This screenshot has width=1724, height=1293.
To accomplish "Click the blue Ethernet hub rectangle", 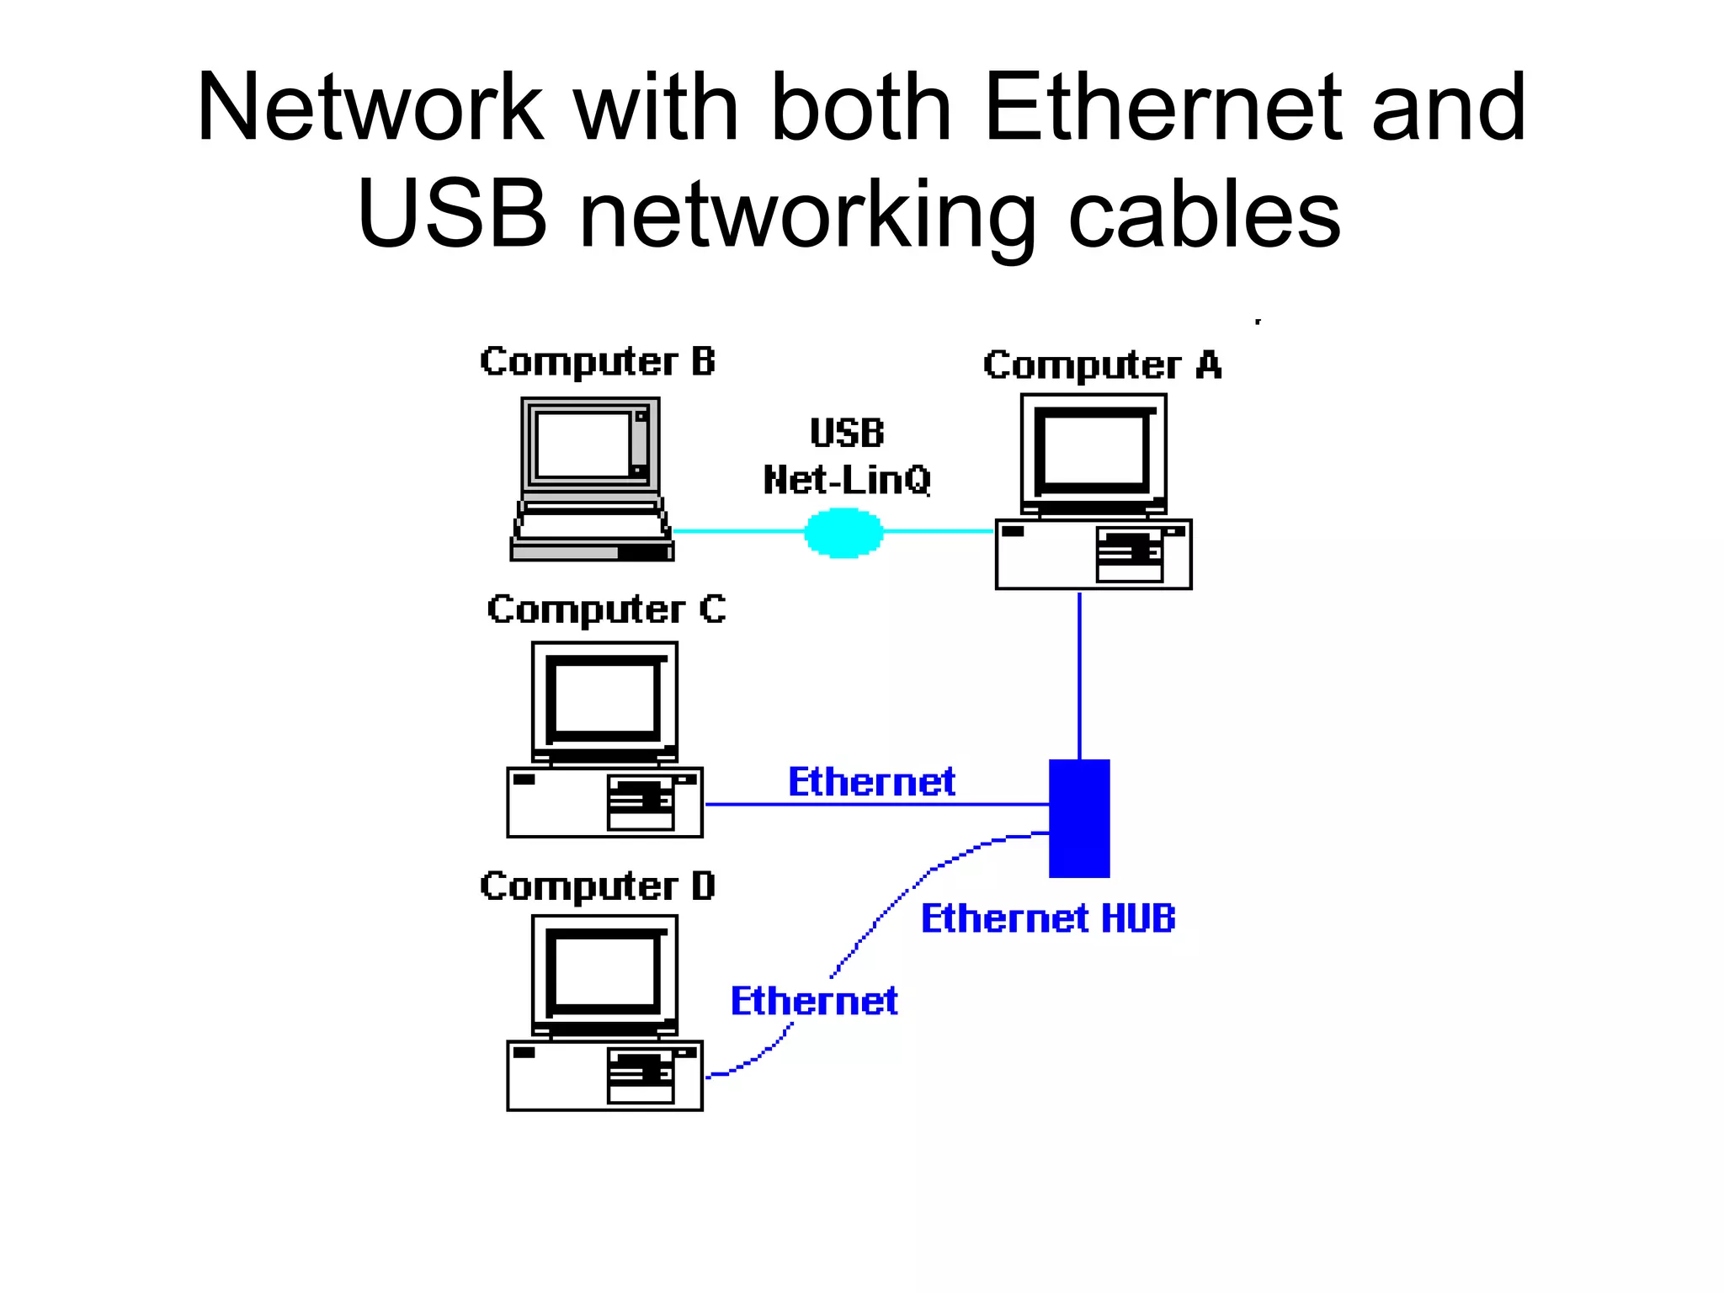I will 1078,818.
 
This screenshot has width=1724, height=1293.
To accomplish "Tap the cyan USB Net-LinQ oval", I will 843,532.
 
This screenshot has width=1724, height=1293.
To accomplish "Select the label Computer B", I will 597,362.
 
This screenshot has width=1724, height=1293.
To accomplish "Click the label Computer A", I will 1101,365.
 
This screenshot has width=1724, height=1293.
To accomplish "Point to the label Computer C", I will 605,609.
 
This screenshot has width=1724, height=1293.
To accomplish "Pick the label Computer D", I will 597,886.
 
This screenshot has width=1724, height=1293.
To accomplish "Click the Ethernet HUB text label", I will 1047,918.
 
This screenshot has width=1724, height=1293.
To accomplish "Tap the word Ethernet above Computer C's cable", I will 871,782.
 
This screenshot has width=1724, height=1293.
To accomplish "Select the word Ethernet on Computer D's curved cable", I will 813,1001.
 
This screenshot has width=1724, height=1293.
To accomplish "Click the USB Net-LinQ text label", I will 846,457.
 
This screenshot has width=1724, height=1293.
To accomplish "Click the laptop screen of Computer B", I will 583,444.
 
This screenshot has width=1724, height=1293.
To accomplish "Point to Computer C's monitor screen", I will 604,699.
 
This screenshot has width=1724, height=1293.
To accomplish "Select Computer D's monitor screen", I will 604,972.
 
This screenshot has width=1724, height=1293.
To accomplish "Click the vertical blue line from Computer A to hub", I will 1079,673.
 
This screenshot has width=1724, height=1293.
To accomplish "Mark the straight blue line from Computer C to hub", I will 875,805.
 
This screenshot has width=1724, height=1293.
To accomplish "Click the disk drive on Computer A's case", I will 1130,555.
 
